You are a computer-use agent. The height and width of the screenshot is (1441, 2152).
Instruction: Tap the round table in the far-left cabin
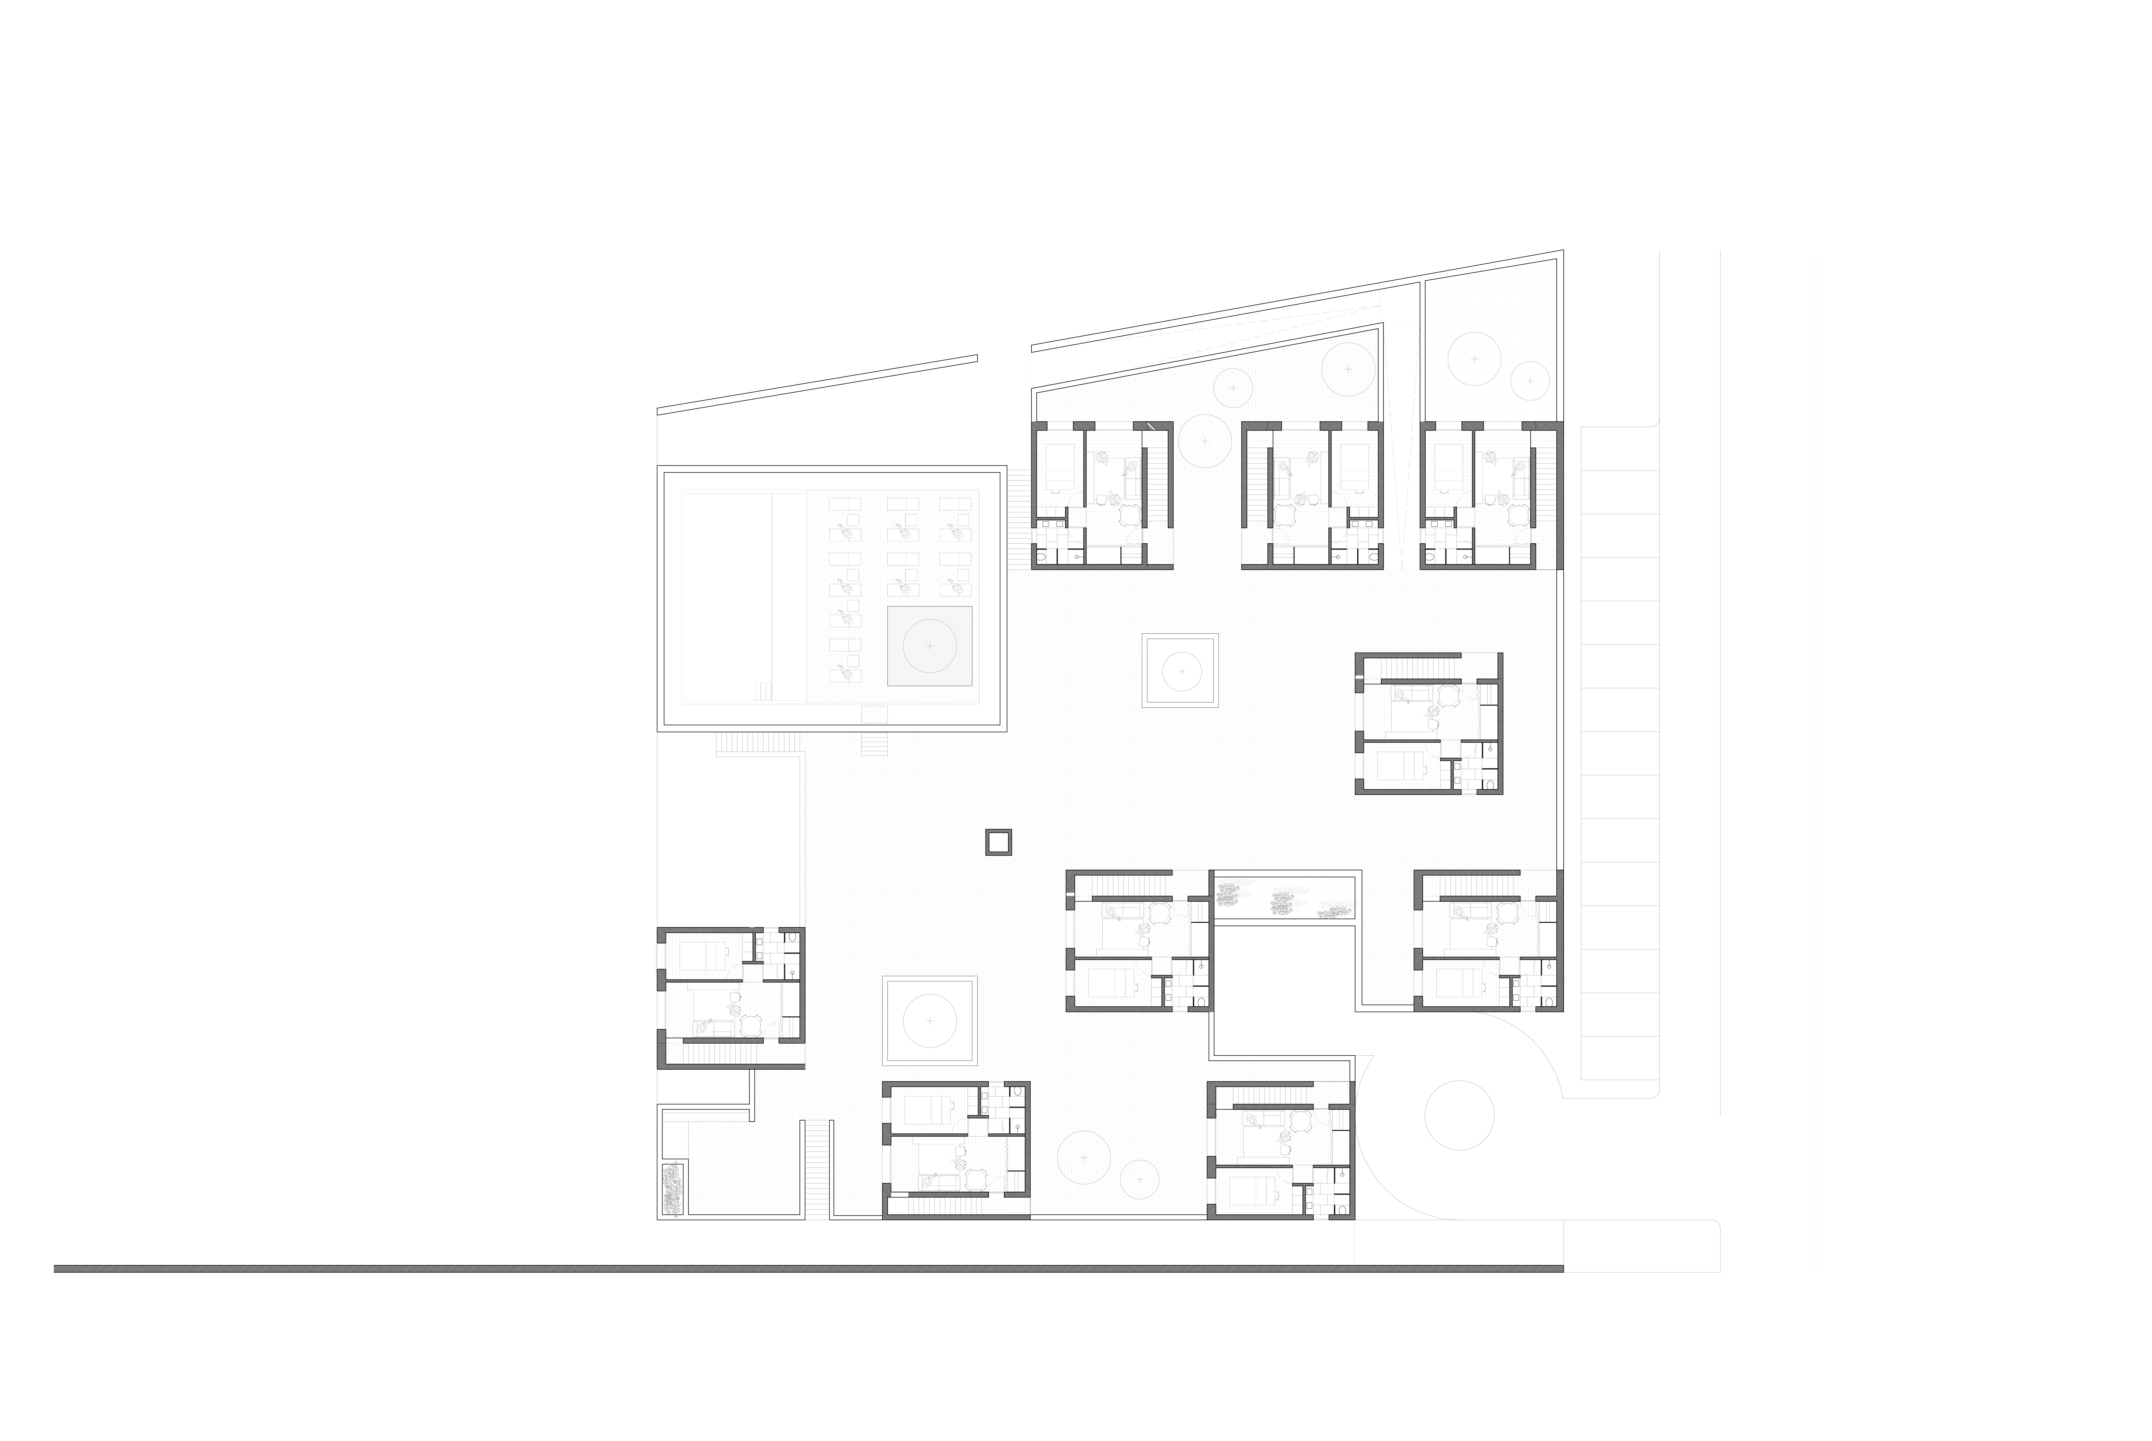pos(751,1025)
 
